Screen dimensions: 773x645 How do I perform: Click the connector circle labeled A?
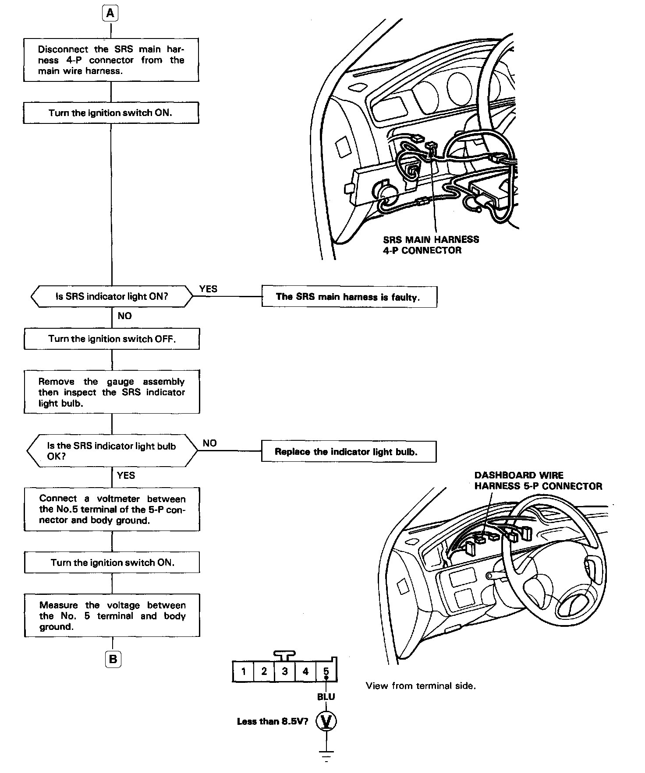pos(110,14)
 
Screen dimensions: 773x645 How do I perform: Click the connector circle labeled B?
pos(113,659)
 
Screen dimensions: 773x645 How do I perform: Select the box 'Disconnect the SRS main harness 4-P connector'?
pos(111,60)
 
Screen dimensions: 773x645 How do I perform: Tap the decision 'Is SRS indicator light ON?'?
pos(112,296)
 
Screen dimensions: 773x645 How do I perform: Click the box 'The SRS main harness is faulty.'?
pos(349,297)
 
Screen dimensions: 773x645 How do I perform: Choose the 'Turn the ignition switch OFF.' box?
pos(112,339)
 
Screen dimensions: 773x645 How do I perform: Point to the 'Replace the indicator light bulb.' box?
pos(348,451)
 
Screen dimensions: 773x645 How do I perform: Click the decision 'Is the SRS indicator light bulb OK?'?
pos(112,451)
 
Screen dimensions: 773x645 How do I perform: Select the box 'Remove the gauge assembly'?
pos(112,392)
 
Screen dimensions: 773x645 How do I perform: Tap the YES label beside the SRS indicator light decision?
pos(208,288)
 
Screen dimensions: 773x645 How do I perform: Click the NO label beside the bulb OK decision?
pos(209,443)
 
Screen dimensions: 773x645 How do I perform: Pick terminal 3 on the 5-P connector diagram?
pos(285,671)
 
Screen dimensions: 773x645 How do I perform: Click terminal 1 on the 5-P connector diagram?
pos(243,671)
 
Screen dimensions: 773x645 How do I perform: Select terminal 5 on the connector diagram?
pos(326,671)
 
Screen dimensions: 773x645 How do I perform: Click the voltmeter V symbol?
pos(326,721)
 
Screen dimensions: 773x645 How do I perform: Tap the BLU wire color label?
pos(326,696)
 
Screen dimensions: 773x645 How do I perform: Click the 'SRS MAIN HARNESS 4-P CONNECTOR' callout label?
pos(431,245)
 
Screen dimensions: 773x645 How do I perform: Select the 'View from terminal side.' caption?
pos(421,686)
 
